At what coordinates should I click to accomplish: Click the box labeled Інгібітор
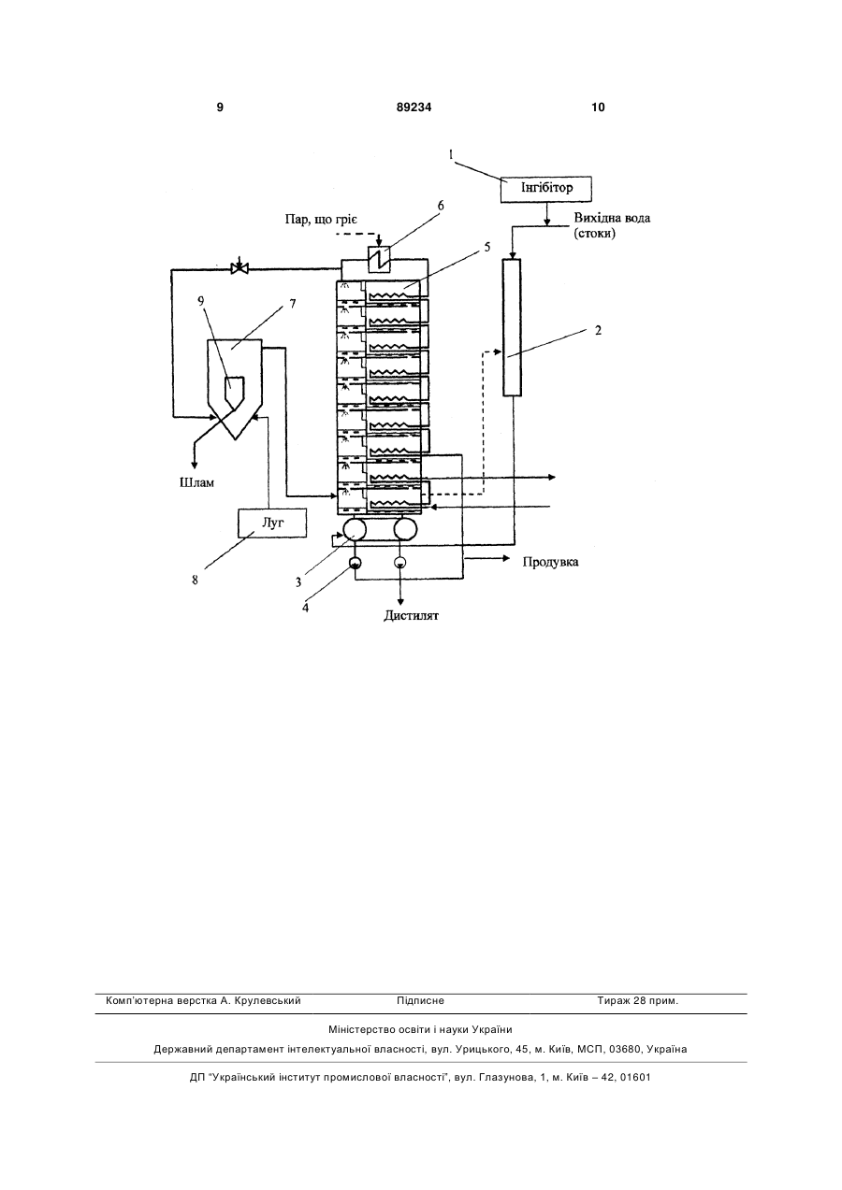(x=546, y=189)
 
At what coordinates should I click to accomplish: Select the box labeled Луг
(x=272, y=523)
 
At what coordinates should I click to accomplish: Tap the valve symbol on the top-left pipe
(x=240, y=269)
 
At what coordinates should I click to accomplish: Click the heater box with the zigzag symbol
(x=379, y=260)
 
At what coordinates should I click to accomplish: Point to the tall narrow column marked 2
(x=512, y=327)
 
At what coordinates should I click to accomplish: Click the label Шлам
(x=196, y=483)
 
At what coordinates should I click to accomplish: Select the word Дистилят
(x=411, y=616)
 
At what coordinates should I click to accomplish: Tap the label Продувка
(x=550, y=562)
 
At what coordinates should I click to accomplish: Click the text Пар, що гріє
(x=322, y=220)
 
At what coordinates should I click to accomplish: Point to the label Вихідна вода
(x=612, y=219)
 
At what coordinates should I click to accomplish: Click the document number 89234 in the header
(x=414, y=108)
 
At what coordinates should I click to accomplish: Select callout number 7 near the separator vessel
(x=293, y=304)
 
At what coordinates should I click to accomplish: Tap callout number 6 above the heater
(x=441, y=207)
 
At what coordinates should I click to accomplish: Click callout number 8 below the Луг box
(x=196, y=581)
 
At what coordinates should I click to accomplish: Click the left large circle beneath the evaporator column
(x=355, y=530)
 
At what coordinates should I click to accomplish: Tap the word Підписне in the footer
(x=420, y=1001)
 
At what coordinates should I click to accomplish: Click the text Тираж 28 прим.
(x=637, y=1001)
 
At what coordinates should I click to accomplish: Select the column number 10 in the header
(x=598, y=108)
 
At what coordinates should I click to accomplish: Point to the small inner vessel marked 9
(x=234, y=392)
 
